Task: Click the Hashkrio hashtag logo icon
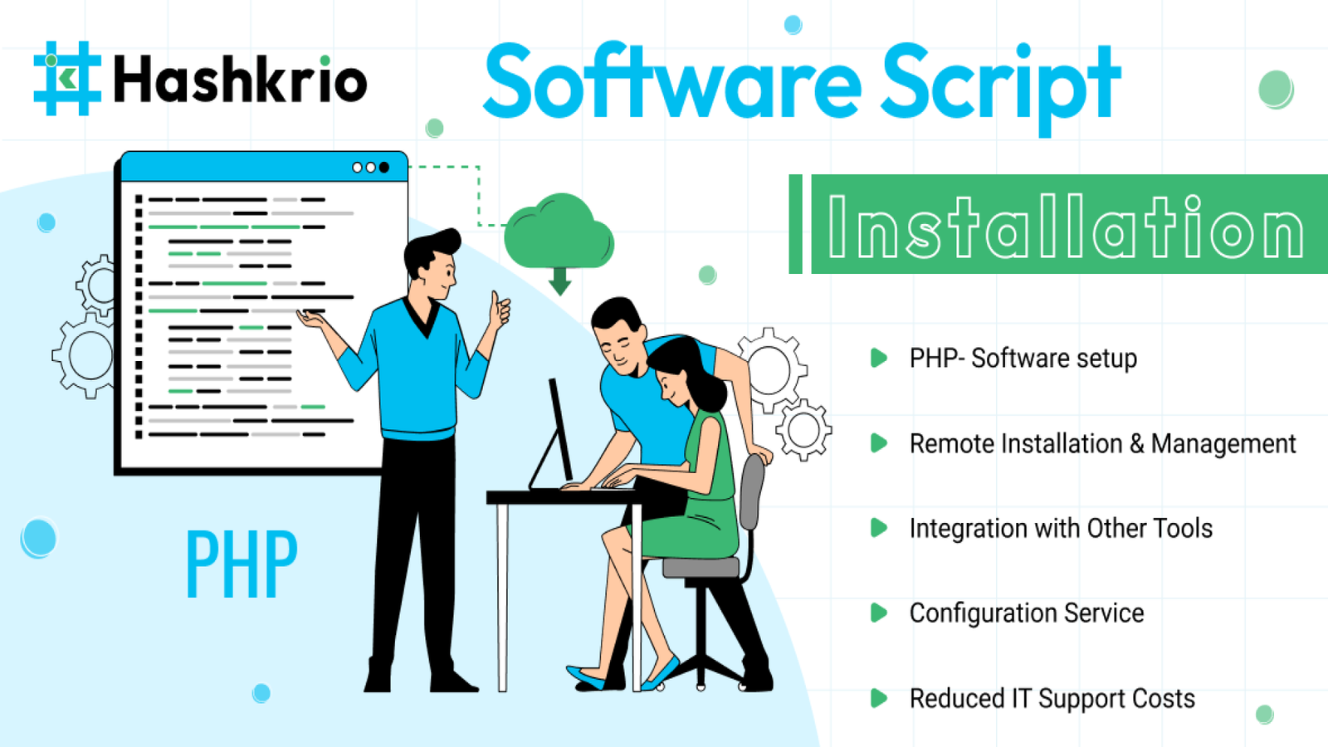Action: [67, 78]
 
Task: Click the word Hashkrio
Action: [240, 79]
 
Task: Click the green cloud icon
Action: [559, 232]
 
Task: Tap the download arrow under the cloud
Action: [559, 281]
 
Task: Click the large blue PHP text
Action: [242, 564]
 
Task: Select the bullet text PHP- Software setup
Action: [1023, 359]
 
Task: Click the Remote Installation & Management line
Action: [1103, 444]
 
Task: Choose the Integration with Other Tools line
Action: [1062, 528]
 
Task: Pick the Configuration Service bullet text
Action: [1027, 613]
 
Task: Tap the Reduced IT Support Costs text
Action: [1052, 699]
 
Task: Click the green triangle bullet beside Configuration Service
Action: [879, 613]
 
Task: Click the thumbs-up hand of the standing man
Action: [499, 310]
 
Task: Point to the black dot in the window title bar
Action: [384, 168]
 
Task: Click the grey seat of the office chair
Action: [701, 568]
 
